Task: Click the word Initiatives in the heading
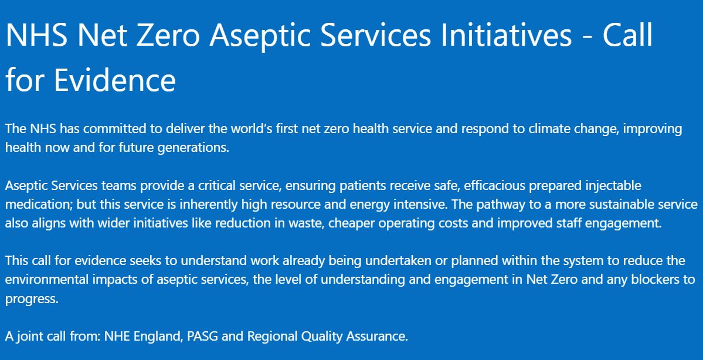click(x=506, y=35)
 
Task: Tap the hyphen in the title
click(x=587, y=37)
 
